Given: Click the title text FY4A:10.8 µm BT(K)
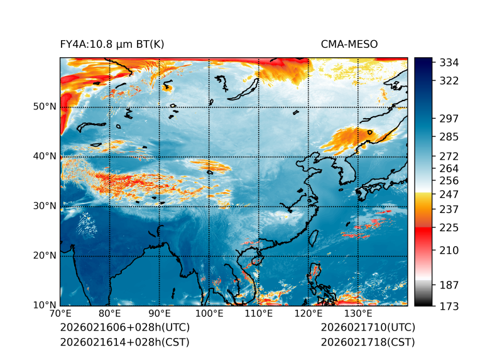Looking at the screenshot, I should point(112,45).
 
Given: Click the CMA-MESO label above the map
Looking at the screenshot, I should point(349,45).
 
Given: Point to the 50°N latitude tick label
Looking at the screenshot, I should point(45,107).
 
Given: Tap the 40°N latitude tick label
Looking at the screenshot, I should point(45,156).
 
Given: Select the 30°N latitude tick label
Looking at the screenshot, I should point(45,206).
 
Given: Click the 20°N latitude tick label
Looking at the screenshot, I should point(45,256).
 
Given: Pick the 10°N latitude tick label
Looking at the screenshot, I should point(45,305).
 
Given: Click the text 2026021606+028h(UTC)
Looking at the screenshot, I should point(124,328).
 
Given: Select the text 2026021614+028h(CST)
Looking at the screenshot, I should point(124,342).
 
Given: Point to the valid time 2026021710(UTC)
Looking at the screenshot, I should point(368,328).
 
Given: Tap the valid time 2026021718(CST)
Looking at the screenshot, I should point(368,342).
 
